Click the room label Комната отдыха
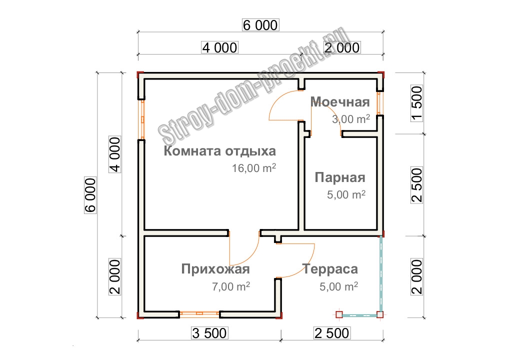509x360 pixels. [x=220, y=151]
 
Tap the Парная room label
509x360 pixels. [x=340, y=177]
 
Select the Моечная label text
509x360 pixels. [x=340, y=102]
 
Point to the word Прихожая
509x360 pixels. [x=215, y=269]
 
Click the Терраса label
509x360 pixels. [x=330, y=269]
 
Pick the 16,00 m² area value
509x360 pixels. [x=254, y=168]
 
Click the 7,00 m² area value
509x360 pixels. [x=231, y=286]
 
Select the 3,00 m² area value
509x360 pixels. [x=351, y=119]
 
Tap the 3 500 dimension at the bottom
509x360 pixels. [x=209, y=333]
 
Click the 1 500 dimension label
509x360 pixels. [x=417, y=103]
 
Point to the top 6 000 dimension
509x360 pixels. [x=260, y=25]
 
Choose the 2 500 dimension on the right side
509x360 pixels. [x=417, y=185]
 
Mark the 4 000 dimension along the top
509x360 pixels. [x=220, y=47]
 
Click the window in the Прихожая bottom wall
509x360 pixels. [x=199, y=313]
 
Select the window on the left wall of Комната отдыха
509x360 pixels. [x=142, y=119]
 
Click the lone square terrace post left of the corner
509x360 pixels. [x=339, y=314]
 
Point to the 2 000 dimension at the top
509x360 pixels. [x=342, y=47]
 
